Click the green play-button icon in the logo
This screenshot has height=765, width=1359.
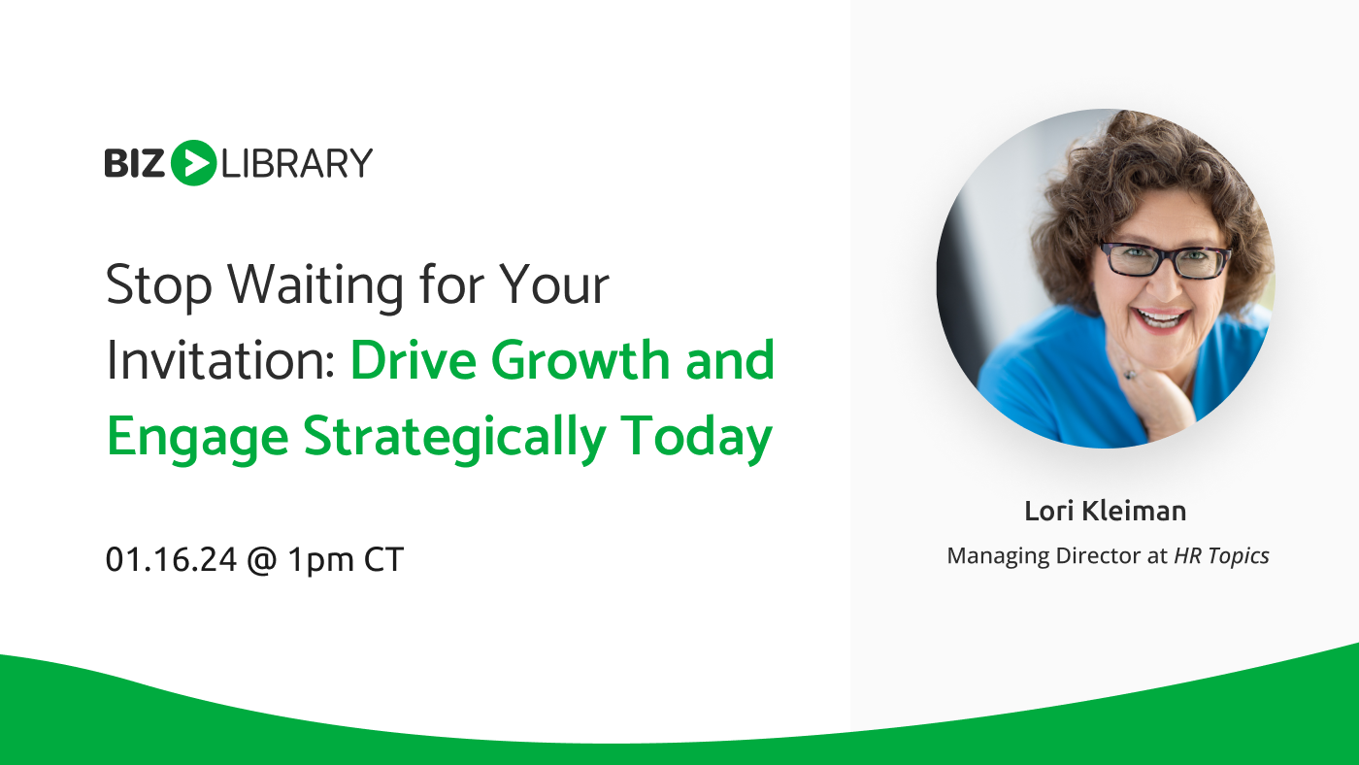pos(193,162)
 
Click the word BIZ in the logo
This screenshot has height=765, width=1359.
pos(134,163)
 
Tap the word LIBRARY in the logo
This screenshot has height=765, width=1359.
pos(297,163)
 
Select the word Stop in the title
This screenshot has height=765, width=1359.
pos(159,285)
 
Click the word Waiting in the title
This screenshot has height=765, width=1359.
pos(315,285)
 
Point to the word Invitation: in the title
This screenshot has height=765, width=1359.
pos(221,360)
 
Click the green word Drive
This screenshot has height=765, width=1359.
pos(414,360)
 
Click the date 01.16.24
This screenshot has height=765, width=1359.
pos(171,559)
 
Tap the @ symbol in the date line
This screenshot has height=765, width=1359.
pos(262,560)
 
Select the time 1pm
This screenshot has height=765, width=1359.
pos(320,560)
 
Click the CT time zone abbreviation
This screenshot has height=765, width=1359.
pos(383,559)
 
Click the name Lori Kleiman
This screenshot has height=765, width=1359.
pos(1106,511)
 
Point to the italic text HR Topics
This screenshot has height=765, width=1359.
pos(1221,556)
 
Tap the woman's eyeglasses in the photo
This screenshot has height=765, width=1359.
pos(1165,259)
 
